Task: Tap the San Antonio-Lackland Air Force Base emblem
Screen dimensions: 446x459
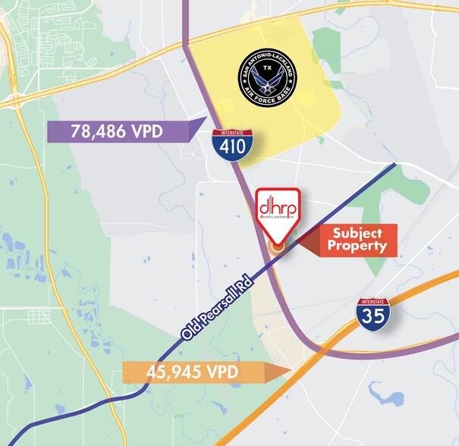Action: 266,76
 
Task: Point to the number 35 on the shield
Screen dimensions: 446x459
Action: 373,316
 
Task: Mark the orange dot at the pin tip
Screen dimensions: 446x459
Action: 278,245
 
